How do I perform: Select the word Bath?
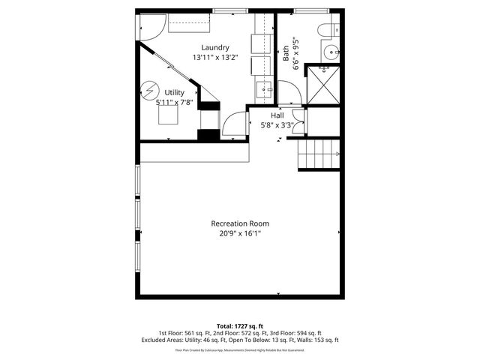coord(286,53)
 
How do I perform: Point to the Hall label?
coord(277,115)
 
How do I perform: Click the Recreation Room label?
coord(240,223)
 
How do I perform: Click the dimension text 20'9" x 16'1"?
coord(240,233)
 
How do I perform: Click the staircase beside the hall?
coord(320,154)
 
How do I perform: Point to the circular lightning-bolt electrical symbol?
coord(149,91)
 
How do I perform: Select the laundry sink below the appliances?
coord(266,91)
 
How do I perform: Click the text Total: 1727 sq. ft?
coord(239,326)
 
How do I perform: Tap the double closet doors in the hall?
coord(298,121)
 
